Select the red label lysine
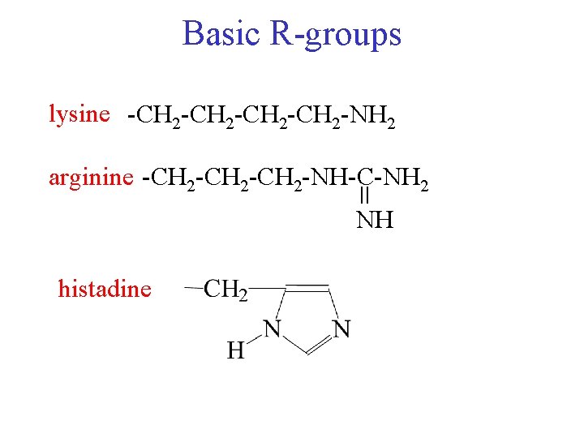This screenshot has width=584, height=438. pos(79,114)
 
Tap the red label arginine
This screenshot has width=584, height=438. pos(89,176)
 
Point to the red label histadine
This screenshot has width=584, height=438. pos(105,288)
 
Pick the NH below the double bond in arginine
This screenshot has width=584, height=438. pos(374,220)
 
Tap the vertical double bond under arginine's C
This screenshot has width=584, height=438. pos(365,197)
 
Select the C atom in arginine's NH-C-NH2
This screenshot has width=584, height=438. pos(365,177)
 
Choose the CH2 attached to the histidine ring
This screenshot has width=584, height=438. pos(226,290)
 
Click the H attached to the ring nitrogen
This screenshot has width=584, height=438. pos(235,350)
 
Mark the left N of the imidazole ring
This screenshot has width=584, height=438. pos(273,329)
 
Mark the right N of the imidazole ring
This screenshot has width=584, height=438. pos(341,329)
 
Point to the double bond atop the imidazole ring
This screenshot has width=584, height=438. pos(305,287)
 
